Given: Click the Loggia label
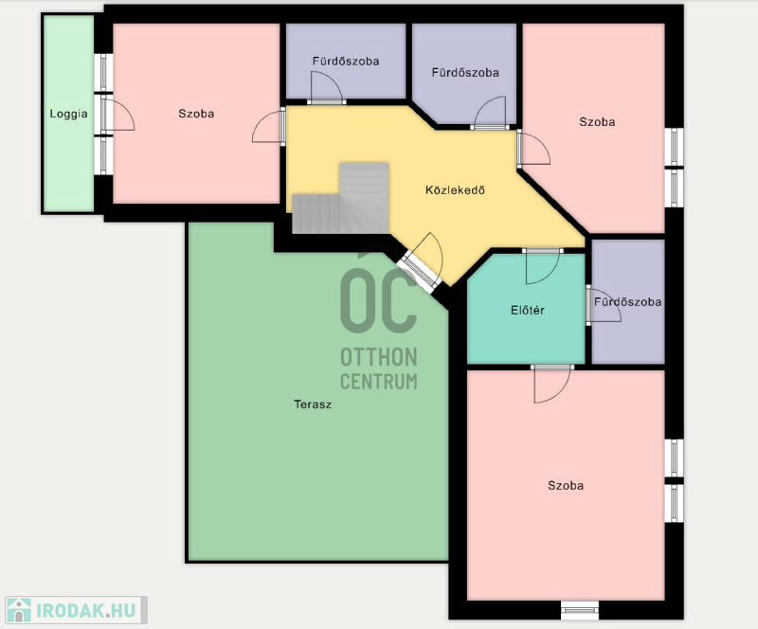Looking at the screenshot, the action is click(68, 114).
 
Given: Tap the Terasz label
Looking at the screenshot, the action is click(313, 404).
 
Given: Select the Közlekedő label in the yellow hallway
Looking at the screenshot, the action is click(455, 190).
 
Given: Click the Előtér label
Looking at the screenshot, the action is click(528, 310).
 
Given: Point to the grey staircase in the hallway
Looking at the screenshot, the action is click(341, 199).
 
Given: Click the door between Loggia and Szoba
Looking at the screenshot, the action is click(117, 114).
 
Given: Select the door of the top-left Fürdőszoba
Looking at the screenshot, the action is click(326, 88).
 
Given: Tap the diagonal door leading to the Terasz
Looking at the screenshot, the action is click(422, 263).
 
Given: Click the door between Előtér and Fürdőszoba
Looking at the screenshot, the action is click(603, 305).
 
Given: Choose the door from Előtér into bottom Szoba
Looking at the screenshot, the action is click(552, 384).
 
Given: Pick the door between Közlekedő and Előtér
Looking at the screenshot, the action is click(542, 266).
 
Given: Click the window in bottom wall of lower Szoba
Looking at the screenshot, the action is click(580, 610).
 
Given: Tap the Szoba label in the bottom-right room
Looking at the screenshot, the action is click(566, 485).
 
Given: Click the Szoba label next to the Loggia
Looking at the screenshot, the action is click(196, 114).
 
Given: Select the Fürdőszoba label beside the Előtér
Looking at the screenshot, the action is click(627, 301).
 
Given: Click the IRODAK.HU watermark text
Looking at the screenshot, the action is click(86, 611).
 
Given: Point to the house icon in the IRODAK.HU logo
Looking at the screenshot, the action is click(19, 610).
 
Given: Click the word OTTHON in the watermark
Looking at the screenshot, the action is click(378, 357).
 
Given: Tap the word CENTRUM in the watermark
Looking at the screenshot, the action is click(378, 382).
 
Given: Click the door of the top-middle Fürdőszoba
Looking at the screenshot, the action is click(490, 114).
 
